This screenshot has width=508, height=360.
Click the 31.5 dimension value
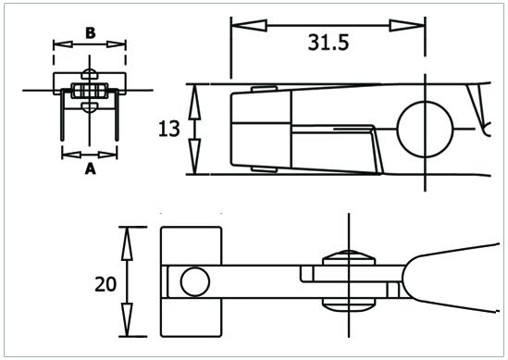[x=328, y=43]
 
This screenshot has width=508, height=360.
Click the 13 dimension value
[x=168, y=129]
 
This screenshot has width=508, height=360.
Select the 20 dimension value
[x=105, y=284]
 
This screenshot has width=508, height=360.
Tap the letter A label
[x=90, y=168]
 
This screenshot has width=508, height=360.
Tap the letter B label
[x=91, y=32]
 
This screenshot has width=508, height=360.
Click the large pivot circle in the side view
[x=425, y=130]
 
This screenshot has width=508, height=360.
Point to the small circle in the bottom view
[x=195, y=281]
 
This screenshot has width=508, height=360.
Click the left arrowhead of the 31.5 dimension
[x=249, y=26]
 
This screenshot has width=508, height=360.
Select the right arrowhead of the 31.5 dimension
[x=407, y=26]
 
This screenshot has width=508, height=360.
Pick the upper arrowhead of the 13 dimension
[x=194, y=102]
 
